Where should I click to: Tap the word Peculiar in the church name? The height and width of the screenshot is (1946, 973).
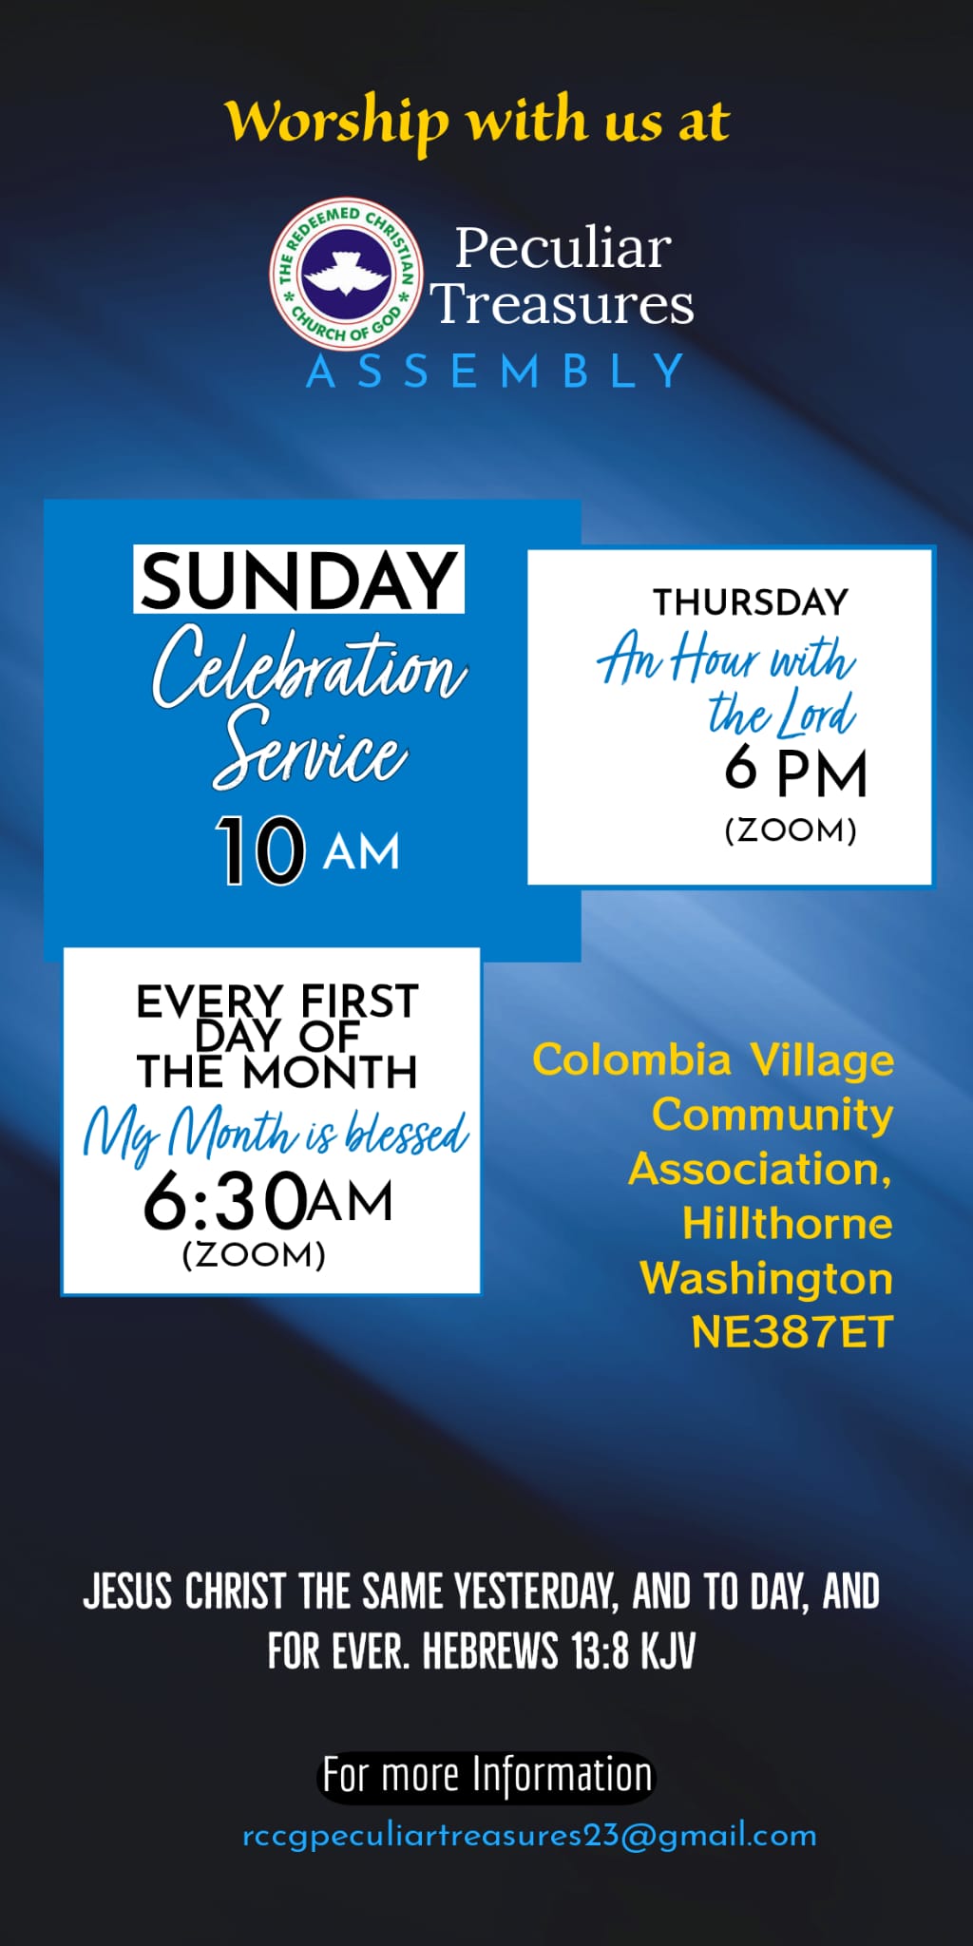pyautogui.click(x=563, y=248)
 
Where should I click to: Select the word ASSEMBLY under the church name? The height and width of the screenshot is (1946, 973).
pyautogui.click(x=495, y=372)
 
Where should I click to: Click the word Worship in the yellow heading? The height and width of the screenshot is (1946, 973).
pyautogui.click(x=336, y=122)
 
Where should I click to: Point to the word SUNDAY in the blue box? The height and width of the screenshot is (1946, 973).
pyautogui.click(x=298, y=580)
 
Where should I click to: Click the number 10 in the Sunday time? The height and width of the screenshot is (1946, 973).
pyautogui.click(x=260, y=850)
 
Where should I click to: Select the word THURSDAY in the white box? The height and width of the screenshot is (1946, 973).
pyautogui.click(x=750, y=601)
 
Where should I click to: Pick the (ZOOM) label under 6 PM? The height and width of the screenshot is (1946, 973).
pyautogui.click(x=791, y=830)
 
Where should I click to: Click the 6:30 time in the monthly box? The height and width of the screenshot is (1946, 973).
pyautogui.click(x=224, y=1201)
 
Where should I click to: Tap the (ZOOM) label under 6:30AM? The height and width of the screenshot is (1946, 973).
pyautogui.click(x=254, y=1254)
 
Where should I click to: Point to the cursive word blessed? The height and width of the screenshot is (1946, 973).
pyautogui.click(x=407, y=1133)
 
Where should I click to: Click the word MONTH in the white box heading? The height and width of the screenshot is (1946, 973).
pyautogui.click(x=330, y=1072)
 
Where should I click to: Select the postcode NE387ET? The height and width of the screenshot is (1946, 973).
pyautogui.click(x=792, y=1332)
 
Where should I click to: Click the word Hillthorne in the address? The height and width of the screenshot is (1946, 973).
pyautogui.click(x=788, y=1223)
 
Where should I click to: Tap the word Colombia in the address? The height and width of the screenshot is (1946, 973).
pyautogui.click(x=632, y=1059)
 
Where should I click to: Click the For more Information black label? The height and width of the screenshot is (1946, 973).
pyautogui.click(x=486, y=1776)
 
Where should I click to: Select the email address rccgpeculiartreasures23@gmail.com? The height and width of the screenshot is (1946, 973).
pyautogui.click(x=529, y=1836)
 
